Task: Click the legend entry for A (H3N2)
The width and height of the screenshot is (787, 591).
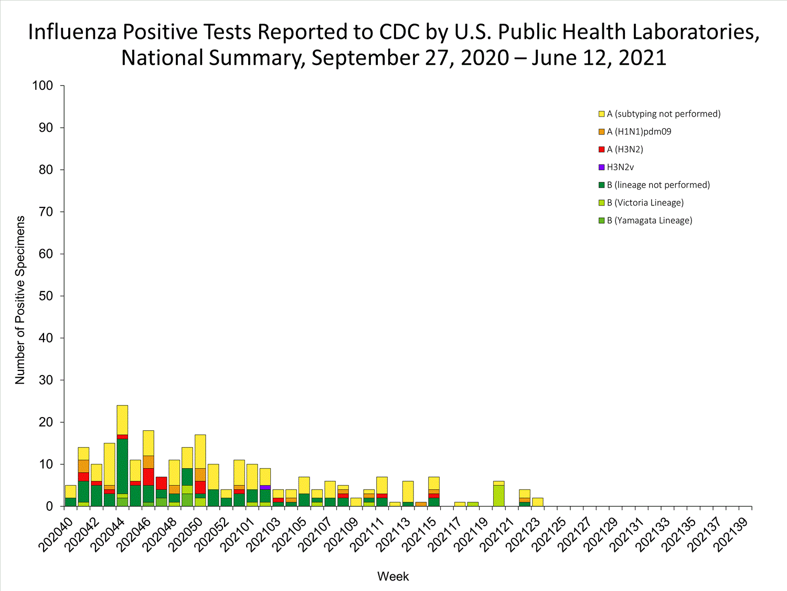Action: pyautogui.click(x=624, y=149)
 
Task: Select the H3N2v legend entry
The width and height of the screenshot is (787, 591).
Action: pyautogui.click(x=620, y=167)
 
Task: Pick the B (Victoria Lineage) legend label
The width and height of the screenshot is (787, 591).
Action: pyautogui.click(x=645, y=203)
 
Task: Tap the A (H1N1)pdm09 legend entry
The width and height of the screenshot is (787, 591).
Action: pyautogui.click(x=639, y=131)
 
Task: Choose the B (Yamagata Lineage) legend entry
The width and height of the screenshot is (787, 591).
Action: pyautogui.click(x=649, y=221)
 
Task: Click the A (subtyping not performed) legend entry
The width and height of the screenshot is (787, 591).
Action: pyautogui.click(x=663, y=113)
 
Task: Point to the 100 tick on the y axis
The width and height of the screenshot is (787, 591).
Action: pyautogui.click(x=42, y=86)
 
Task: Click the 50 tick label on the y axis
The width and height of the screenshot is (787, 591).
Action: pyautogui.click(x=46, y=296)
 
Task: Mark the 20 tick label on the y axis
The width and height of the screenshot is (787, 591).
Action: pyautogui.click(x=46, y=422)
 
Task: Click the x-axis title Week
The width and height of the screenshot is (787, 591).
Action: pyautogui.click(x=393, y=576)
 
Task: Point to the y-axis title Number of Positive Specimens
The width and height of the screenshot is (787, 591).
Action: pyautogui.click(x=20, y=300)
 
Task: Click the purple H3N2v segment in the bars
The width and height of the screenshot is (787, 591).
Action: pyautogui.click(x=265, y=488)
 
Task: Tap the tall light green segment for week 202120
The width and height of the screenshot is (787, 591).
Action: pyautogui.click(x=498, y=495)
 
